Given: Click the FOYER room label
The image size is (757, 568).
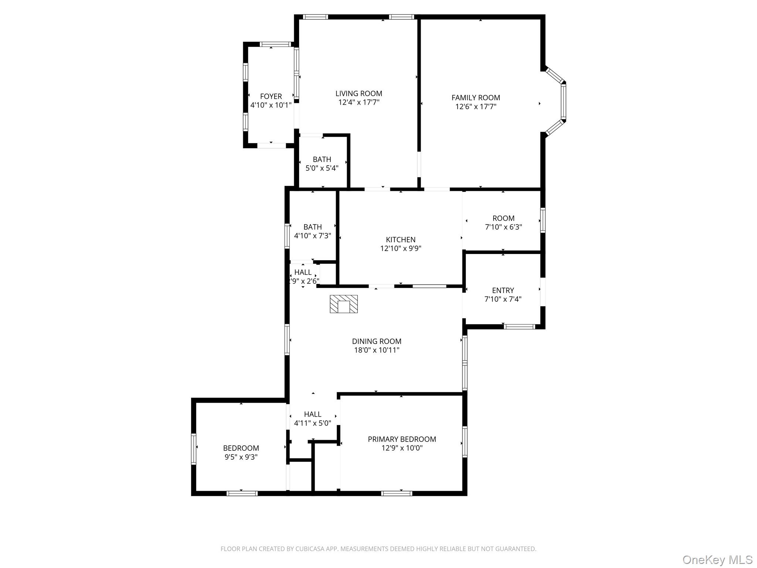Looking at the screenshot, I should click(x=271, y=97).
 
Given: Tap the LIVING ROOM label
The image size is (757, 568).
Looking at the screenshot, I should click(x=359, y=94).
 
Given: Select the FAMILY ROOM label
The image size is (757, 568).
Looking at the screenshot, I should click(x=476, y=98).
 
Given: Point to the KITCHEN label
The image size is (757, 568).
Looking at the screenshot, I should click(x=401, y=240).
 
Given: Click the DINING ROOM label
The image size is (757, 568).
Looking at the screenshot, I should click(x=377, y=341).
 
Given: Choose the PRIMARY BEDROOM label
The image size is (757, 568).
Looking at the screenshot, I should click(x=402, y=439).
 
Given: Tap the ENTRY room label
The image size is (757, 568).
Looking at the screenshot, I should click(x=503, y=290).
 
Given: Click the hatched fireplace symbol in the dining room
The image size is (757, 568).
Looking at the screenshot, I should click(x=344, y=304).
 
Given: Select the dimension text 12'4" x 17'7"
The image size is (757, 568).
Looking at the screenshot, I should click(x=359, y=102).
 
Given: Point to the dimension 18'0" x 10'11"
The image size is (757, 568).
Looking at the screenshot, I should click(x=377, y=350).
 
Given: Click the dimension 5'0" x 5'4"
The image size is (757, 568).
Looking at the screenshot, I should click(x=322, y=168).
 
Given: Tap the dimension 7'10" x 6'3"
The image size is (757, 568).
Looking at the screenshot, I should click(x=503, y=227).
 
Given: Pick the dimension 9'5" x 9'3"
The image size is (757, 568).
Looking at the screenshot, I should click(x=241, y=457).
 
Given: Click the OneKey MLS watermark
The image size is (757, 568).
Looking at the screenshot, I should click(x=717, y=559).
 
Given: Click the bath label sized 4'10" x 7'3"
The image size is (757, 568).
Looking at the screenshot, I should click(x=313, y=227).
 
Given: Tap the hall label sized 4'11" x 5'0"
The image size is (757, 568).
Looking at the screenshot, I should click(x=313, y=415).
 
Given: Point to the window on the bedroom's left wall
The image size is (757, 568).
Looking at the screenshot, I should click(x=193, y=449).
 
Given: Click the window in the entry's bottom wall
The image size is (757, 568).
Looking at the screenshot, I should click(x=519, y=327).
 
